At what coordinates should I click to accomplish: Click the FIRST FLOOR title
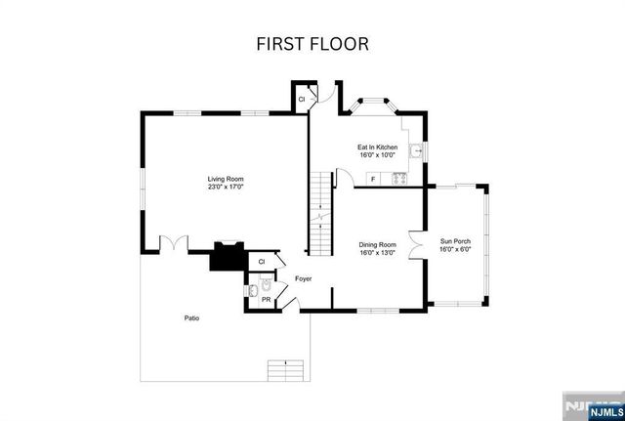coord(312,44)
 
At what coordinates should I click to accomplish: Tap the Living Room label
coord(225,179)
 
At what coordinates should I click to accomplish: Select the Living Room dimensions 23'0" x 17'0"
coord(225,188)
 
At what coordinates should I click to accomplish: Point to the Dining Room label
coord(377,244)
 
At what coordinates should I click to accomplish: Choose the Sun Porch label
coord(455,240)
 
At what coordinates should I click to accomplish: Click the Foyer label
coord(304,278)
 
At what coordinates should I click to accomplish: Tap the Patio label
coord(192,318)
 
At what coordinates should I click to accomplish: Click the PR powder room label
coord(265,300)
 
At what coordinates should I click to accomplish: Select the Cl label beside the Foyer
coord(261,262)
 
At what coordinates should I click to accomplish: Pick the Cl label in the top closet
coord(302,99)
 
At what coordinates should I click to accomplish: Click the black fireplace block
coord(227,257)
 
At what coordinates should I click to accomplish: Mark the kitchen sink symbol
coord(417,151)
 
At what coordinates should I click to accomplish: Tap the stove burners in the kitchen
coord(398,178)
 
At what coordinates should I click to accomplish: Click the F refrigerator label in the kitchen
coord(371,179)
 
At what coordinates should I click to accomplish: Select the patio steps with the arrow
coord(284,370)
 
